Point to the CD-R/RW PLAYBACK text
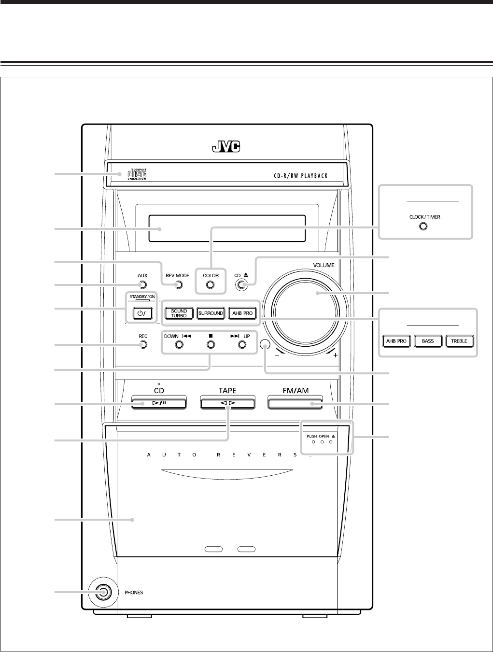click(297, 175)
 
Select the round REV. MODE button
click(179, 284)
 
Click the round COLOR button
click(210, 284)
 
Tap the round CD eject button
click(242, 285)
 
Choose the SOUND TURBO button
click(179, 313)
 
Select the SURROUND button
click(211, 313)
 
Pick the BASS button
click(428, 341)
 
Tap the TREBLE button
click(459, 341)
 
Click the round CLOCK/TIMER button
click(423, 227)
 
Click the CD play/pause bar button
click(158, 403)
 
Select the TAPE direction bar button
click(227, 403)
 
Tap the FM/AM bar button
click(295, 403)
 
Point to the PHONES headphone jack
click(102, 592)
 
